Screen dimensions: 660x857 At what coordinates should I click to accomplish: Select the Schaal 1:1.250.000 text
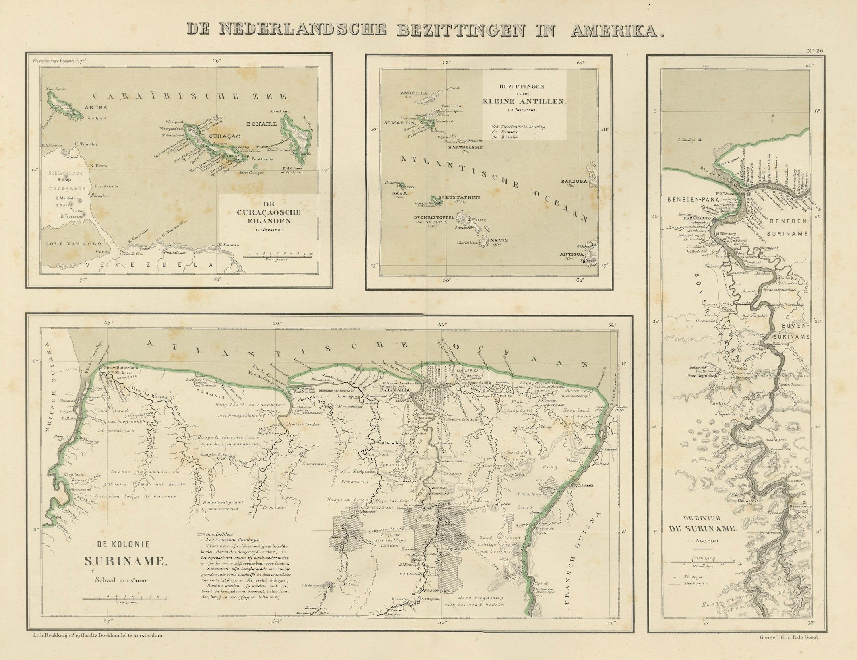122,580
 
